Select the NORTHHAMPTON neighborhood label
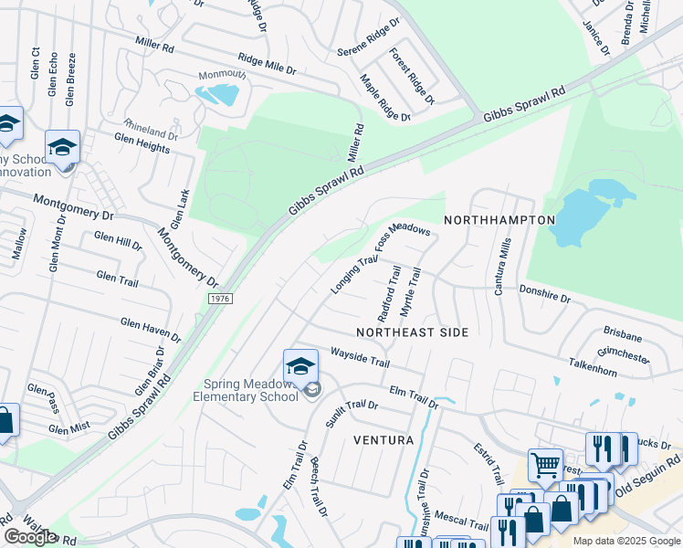[x=499, y=220]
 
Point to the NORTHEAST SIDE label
[x=412, y=332]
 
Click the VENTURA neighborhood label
[x=384, y=440]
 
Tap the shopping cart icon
[x=545, y=465]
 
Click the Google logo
[x=30, y=537]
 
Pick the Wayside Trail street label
[x=360, y=356]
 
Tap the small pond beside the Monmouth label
[x=218, y=94]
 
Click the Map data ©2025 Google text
[x=626, y=541]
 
